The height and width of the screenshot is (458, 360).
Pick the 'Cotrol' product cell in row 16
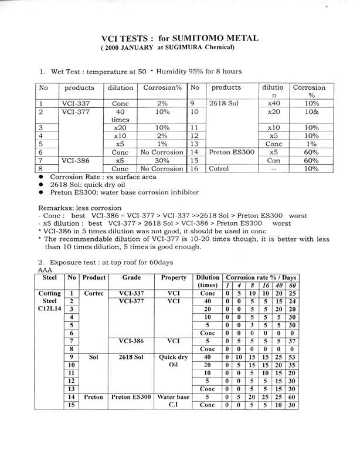[219, 168]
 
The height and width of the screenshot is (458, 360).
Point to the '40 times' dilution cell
[120, 116]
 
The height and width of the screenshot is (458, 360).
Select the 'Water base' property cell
[175, 397]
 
